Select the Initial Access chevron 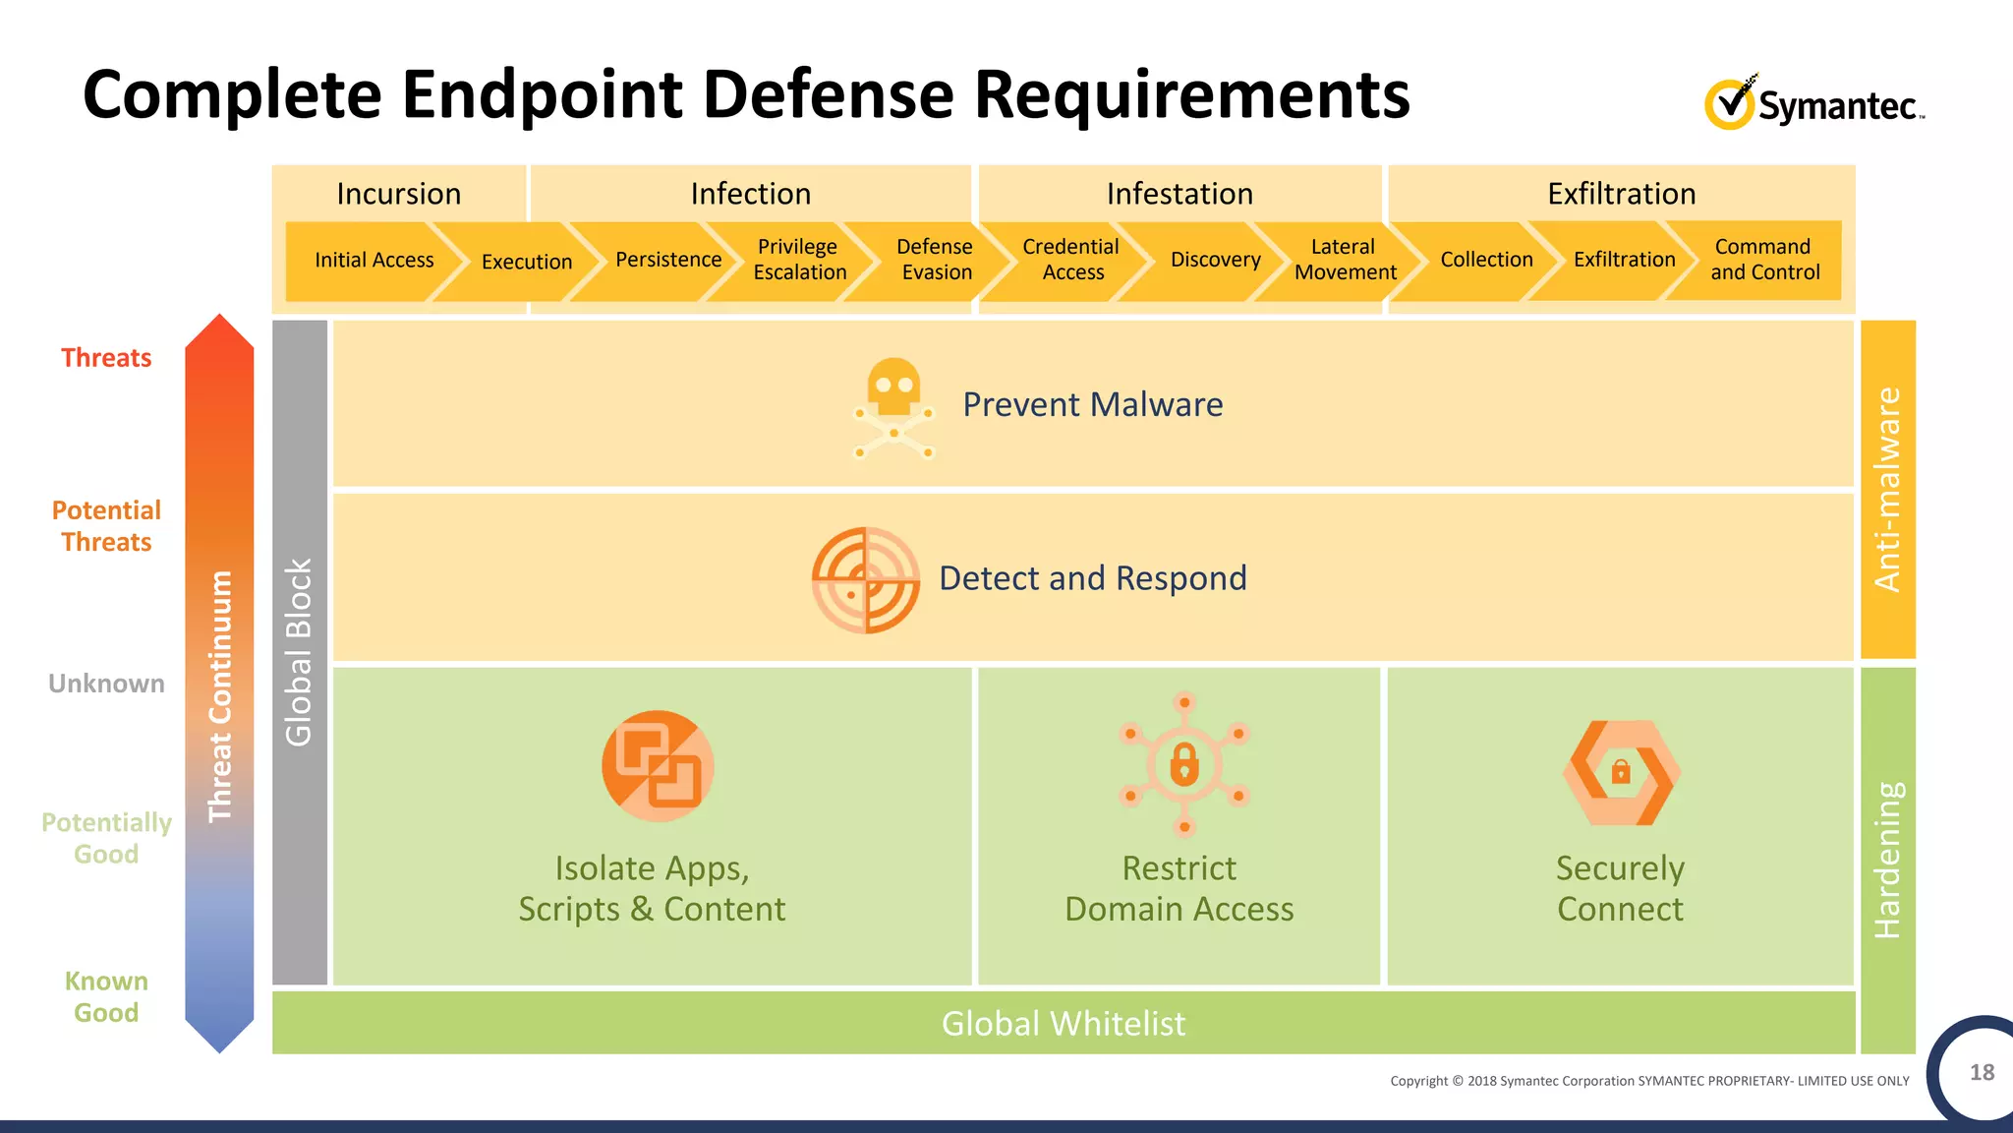coord(374,261)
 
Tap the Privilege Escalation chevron coord(798,260)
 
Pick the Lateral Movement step coord(1345,260)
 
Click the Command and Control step coord(1764,260)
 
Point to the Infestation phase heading coord(1179,194)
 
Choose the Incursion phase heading coord(398,194)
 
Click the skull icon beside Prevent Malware coord(893,407)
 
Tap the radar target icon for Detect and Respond coord(865,579)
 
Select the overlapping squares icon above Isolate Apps coord(658,766)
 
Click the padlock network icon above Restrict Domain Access coord(1184,764)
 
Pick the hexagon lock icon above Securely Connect coord(1621,772)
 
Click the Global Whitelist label coord(1064,1024)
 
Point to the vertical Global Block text coord(299,652)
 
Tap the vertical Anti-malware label coord(1887,489)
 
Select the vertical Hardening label coord(1887,860)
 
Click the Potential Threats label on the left coord(106,526)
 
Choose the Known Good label coord(106,996)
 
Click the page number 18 coord(1982,1072)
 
